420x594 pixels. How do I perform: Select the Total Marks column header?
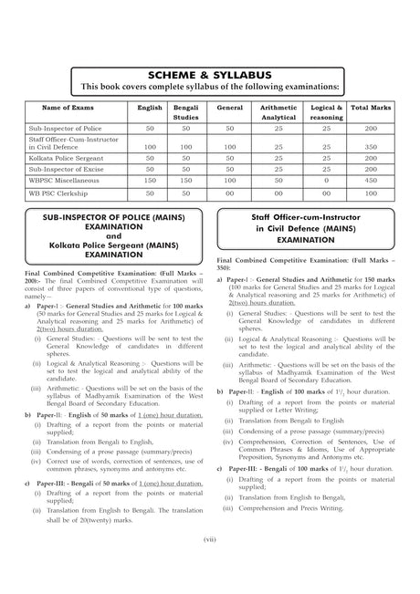(x=371, y=108)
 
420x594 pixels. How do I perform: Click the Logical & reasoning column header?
(x=326, y=112)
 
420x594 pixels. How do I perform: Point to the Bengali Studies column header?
(x=186, y=112)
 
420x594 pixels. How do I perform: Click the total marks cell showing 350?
(x=371, y=146)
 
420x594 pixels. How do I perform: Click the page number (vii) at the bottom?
(x=209, y=538)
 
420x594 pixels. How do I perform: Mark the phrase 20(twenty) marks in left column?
(x=72, y=520)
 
